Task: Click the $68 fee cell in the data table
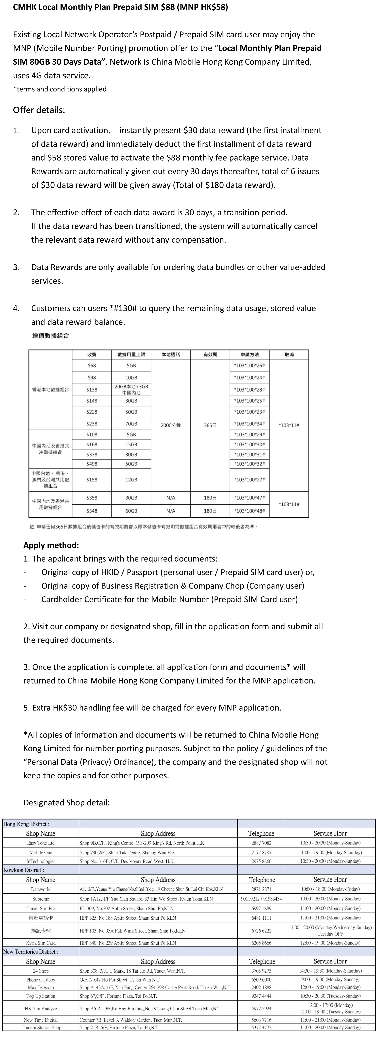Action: (92, 365)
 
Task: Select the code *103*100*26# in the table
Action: (250, 365)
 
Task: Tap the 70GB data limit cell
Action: (131, 424)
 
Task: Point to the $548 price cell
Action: (92, 511)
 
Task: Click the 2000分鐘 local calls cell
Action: (171, 425)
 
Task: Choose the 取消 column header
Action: (289, 355)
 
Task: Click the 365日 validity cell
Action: (210, 425)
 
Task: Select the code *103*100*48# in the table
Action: (250, 511)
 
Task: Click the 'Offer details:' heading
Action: (39, 110)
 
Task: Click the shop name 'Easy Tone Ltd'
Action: (41, 843)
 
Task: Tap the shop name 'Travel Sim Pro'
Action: (41, 908)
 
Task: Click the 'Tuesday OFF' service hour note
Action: (330, 934)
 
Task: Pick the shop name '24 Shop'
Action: (41, 971)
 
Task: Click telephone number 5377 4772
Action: (261, 1027)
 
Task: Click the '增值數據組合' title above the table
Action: (51, 336)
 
